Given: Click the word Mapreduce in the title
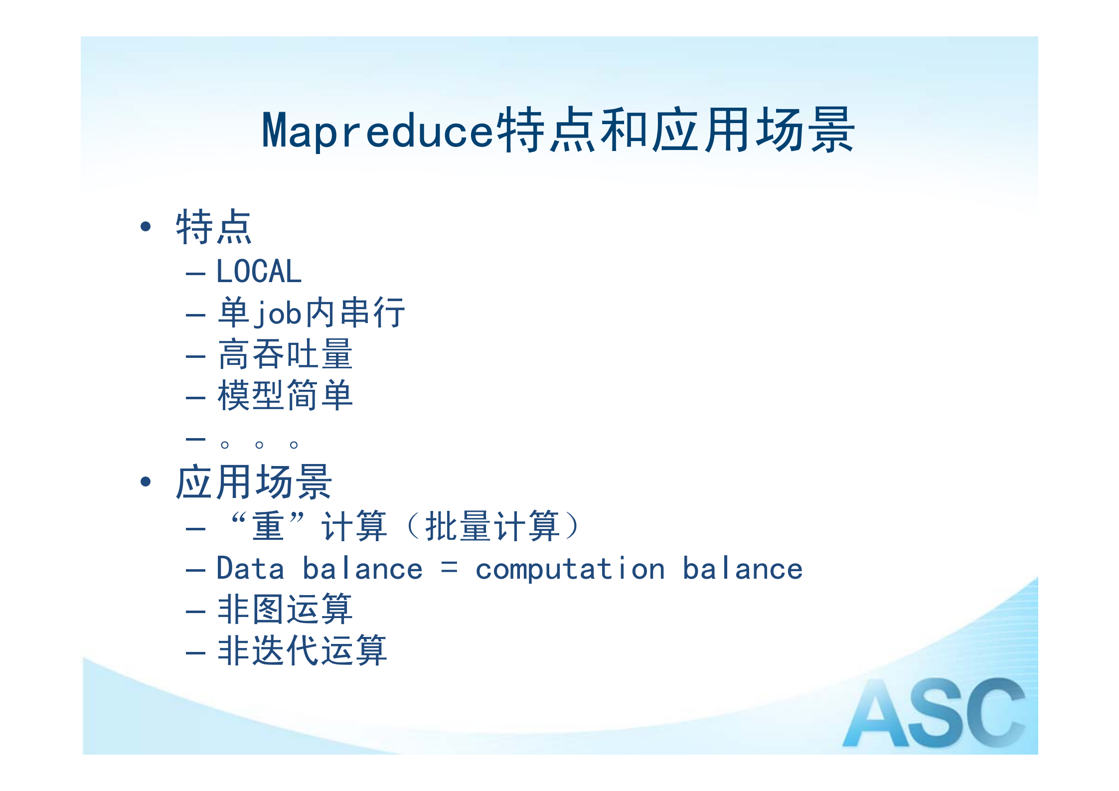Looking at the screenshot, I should click(377, 131).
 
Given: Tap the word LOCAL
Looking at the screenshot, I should click(259, 272).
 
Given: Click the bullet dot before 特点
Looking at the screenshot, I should click(146, 227).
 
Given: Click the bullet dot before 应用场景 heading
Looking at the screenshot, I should click(146, 481).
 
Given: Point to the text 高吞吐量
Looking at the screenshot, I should click(285, 354).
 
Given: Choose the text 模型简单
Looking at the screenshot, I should click(285, 396).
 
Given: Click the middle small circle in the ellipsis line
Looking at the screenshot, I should click(259, 445).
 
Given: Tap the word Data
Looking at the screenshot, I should click(250, 569).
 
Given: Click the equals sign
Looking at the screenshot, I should click(449, 568).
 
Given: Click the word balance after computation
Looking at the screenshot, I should click(742, 569).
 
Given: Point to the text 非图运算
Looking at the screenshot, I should click(285, 609).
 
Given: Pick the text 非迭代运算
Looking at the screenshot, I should click(302, 650).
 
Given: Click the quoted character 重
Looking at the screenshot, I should click(268, 526).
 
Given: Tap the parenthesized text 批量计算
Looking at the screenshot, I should click(492, 526).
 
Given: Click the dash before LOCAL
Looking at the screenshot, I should click(195, 274).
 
